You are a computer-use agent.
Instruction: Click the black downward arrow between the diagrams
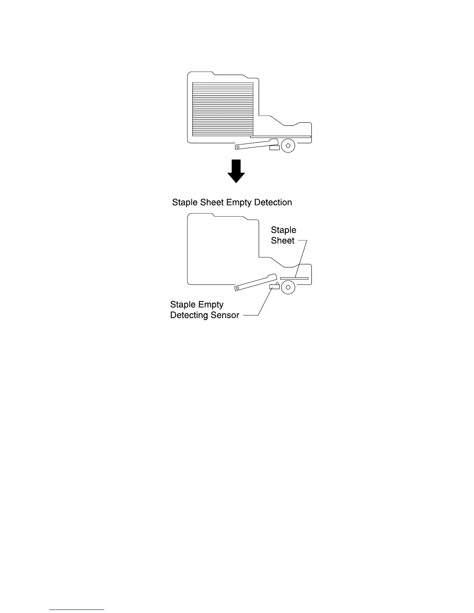(x=236, y=171)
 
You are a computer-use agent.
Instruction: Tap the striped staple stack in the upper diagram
(x=223, y=109)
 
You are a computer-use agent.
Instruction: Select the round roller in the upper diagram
(x=288, y=146)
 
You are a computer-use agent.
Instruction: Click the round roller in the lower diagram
(x=288, y=287)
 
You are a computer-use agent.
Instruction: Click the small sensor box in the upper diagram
(x=274, y=147)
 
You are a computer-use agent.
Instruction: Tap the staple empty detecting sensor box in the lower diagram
(x=274, y=286)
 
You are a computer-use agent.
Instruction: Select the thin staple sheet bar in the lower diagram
(x=294, y=278)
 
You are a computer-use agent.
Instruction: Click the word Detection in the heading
(x=273, y=202)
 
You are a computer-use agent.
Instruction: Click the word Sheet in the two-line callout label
(x=283, y=241)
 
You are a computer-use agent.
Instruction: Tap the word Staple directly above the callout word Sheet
(x=283, y=230)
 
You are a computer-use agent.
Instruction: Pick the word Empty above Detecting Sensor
(x=211, y=305)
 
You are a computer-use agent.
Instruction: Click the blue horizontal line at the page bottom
(x=77, y=610)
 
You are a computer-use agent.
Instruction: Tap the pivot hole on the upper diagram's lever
(x=237, y=147)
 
